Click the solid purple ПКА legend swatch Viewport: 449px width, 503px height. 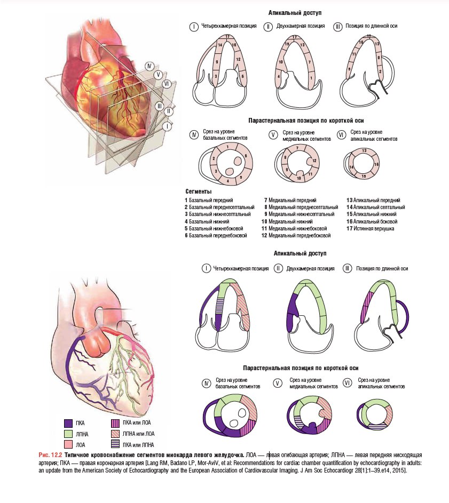(68, 423)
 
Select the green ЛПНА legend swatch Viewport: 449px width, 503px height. (68, 434)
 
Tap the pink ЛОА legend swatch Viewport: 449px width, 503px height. (68, 445)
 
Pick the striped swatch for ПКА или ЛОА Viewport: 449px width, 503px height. (115, 423)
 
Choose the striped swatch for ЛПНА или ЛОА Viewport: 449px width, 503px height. (115, 434)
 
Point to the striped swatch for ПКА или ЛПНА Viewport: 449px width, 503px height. (115, 444)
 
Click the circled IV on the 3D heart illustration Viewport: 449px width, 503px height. (149, 66)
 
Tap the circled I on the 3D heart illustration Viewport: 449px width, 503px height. (167, 126)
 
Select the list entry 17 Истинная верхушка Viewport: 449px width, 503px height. (370, 228)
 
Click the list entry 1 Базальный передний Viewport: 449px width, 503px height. (209, 200)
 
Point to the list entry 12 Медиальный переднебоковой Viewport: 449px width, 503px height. (296, 235)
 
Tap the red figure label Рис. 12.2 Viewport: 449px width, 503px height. (50, 455)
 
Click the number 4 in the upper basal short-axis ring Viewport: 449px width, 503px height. (228, 181)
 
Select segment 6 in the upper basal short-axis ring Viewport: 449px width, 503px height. (246, 156)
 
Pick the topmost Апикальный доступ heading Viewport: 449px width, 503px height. (295, 13)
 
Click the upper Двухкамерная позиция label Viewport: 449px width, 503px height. (300, 26)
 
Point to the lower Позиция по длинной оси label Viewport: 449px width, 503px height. (382, 268)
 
